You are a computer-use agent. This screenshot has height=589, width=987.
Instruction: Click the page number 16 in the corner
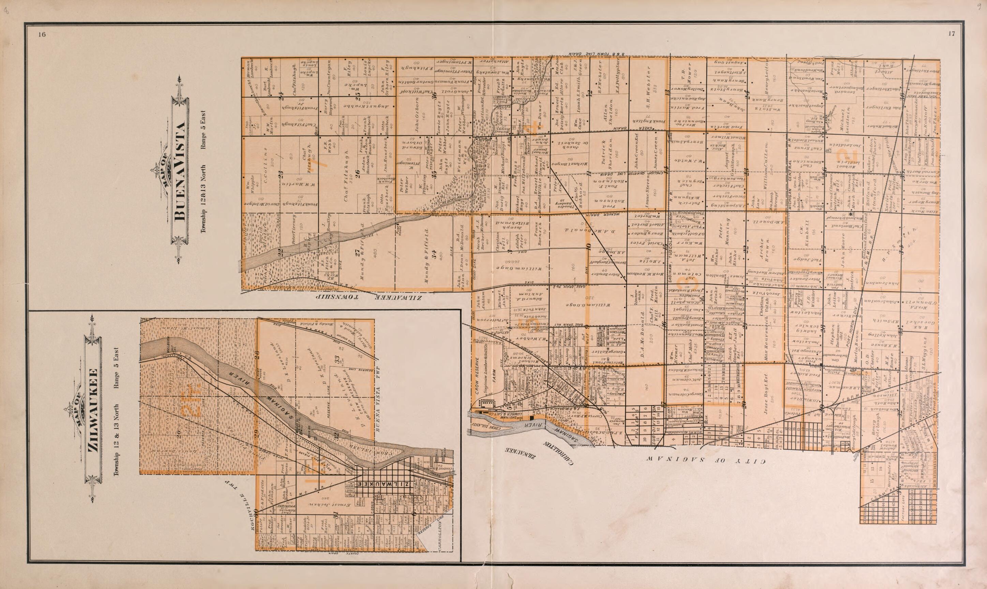click(42, 34)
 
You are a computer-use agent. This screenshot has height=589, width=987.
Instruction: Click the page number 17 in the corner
click(952, 34)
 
